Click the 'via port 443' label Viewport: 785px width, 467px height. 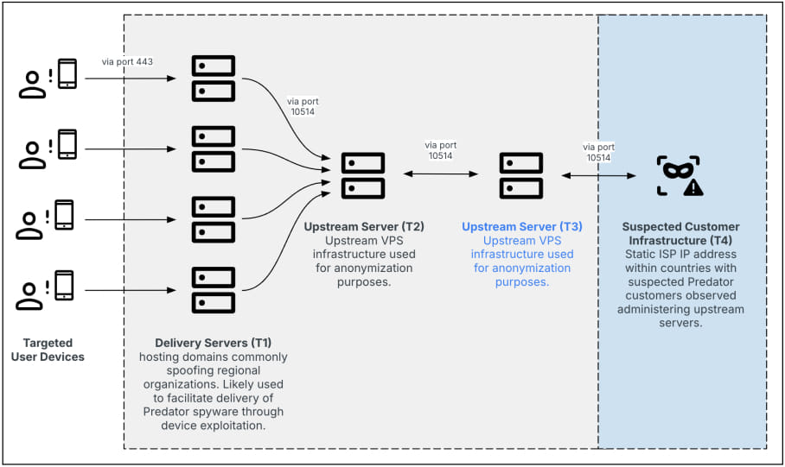tap(127, 62)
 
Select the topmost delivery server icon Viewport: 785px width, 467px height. tap(214, 79)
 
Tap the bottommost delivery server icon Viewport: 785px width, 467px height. tap(214, 290)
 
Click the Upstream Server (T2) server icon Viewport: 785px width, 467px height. tap(363, 176)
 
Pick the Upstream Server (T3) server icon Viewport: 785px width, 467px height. tap(521, 176)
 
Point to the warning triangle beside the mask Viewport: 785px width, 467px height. tap(693, 187)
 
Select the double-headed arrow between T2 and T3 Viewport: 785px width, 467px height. tap(441, 174)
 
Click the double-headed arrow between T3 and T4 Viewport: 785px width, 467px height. tap(599, 175)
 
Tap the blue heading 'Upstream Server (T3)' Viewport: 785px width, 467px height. tap(521, 226)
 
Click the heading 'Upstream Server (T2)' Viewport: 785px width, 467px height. tap(364, 226)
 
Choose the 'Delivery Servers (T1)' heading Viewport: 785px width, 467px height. tap(214, 343)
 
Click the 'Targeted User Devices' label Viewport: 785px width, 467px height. tap(48, 350)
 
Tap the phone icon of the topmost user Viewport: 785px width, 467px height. tap(67, 74)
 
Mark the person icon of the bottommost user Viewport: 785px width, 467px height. tap(29, 297)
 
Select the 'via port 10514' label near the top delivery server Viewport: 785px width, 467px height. tap(303, 106)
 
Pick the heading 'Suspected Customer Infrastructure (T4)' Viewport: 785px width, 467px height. tap(680, 233)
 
